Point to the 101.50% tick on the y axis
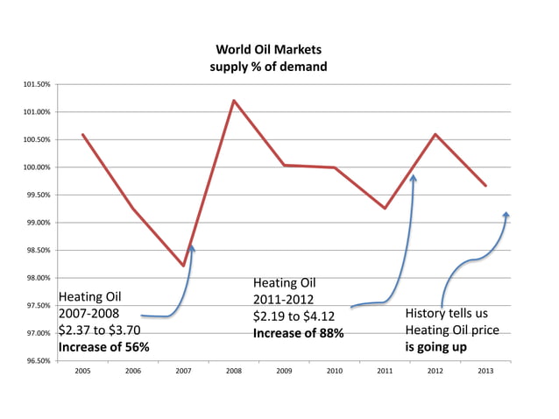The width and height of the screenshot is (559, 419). coord(36,84)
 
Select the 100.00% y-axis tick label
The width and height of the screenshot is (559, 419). coord(36,167)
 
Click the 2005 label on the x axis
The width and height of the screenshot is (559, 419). coord(82,372)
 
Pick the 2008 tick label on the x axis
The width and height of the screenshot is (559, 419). coord(234,372)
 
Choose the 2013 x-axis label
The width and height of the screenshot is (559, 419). coord(485,372)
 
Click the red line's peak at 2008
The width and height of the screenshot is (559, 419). coord(234,100)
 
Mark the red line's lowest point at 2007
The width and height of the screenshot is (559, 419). coord(183,266)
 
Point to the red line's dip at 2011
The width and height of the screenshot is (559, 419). coord(385,208)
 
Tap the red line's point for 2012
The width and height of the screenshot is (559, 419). coord(435,134)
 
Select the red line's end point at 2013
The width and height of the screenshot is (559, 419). coord(485,186)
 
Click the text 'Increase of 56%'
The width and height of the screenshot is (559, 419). coord(103,347)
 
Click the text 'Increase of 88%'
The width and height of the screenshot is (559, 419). coord(298,333)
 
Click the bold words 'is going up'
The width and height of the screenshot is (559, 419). coord(435,347)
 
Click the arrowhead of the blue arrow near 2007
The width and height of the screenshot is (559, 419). coord(191,249)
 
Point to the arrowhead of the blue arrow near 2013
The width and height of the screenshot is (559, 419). coord(506,215)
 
